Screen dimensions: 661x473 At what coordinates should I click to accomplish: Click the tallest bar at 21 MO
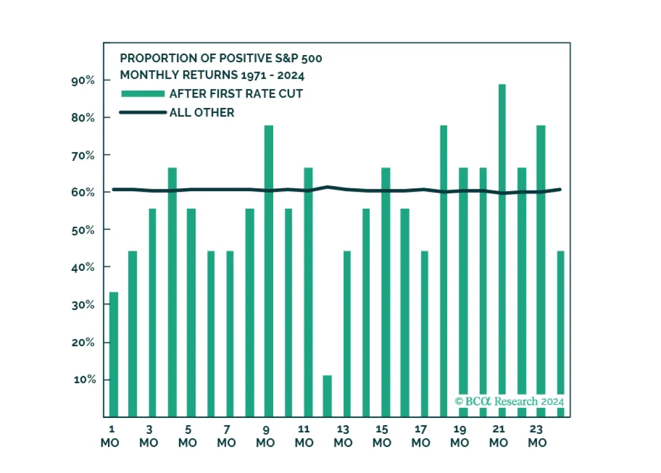[502, 251]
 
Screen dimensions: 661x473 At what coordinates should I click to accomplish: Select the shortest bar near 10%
[327, 396]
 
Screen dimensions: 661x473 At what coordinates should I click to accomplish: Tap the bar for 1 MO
[113, 355]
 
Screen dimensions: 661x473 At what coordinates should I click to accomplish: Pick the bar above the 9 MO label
[269, 271]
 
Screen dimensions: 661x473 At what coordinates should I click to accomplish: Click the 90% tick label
[83, 80]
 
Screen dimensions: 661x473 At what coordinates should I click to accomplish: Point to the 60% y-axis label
[83, 192]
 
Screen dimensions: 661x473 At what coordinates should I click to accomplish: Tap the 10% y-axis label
[85, 379]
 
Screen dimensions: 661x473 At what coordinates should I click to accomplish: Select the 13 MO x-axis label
[343, 436]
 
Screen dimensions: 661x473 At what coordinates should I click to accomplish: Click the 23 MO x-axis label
[537, 436]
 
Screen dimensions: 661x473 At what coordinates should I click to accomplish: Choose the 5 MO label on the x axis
[188, 436]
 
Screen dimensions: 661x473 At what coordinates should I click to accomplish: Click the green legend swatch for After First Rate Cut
[143, 94]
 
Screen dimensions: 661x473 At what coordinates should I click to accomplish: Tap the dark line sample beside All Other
[143, 112]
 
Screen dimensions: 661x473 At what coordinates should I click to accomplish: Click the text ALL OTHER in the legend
[202, 112]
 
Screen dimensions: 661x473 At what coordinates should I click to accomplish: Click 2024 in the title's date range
[291, 75]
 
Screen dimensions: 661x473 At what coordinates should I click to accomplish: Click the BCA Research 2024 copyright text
[510, 401]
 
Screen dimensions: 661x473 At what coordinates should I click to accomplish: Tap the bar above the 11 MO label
[308, 292]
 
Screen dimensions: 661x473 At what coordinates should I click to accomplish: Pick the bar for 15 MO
[386, 292]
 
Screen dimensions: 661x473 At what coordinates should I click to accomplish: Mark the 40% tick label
[83, 268]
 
